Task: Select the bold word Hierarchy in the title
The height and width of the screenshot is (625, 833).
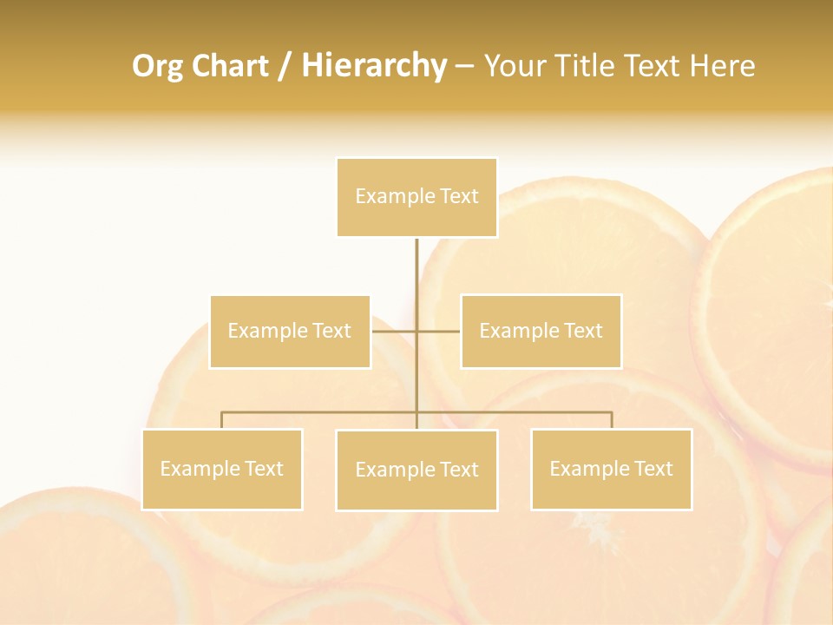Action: (374, 66)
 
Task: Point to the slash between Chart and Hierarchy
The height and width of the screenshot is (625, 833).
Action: (285, 66)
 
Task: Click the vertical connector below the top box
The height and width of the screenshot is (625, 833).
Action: (416, 269)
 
